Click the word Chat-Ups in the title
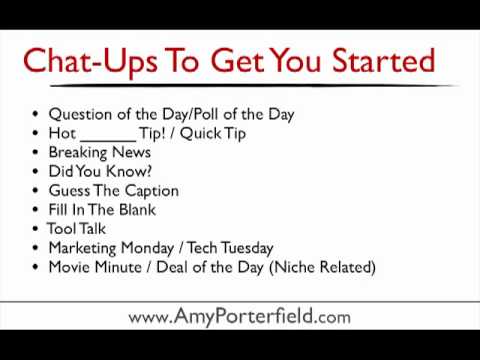click(x=90, y=62)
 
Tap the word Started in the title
click(x=384, y=60)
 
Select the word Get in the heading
click(x=237, y=60)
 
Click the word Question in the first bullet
click(x=80, y=115)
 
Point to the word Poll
click(x=207, y=114)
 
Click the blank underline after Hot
click(x=108, y=140)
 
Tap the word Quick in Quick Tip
click(x=201, y=134)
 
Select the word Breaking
click(x=77, y=153)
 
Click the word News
click(x=131, y=152)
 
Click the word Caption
click(x=152, y=191)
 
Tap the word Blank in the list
click(x=137, y=210)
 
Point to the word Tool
click(x=62, y=229)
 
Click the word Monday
click(x=147, y=249)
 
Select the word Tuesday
click(x=247, y=249)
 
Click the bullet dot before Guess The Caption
click(x=35, y=191)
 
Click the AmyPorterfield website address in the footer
click(x=239, y=316)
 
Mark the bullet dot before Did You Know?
click(x=35, y=171)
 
